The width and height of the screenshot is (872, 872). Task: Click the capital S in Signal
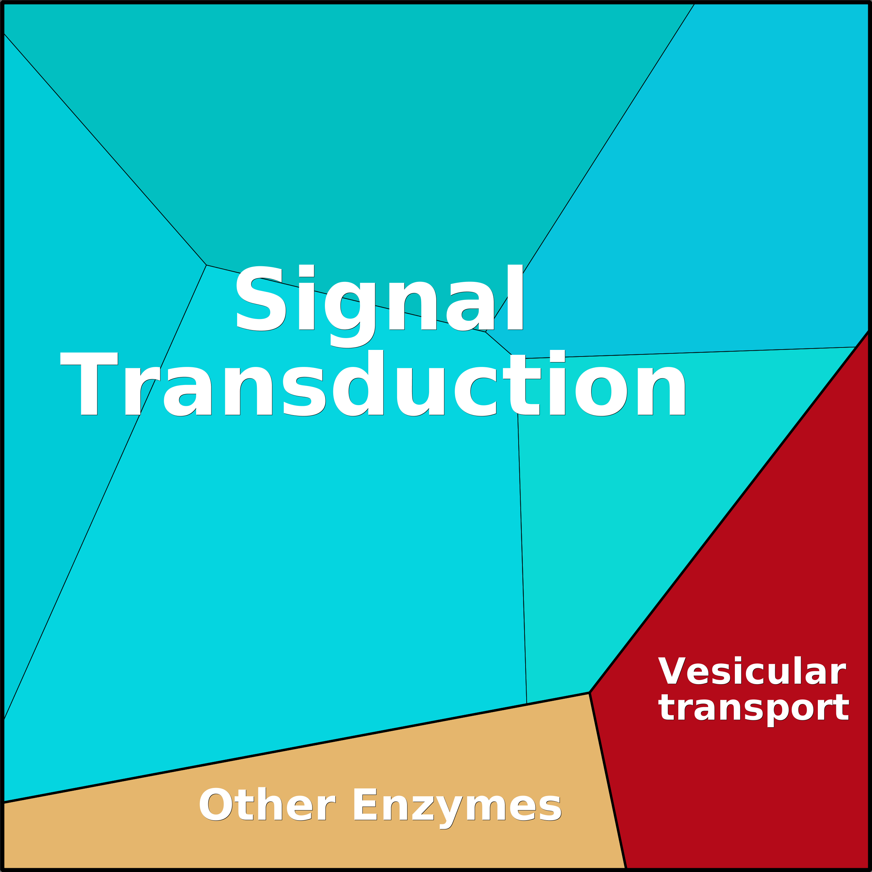[x=260, y=298]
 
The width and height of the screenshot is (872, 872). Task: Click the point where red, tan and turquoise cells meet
[x=589, y=693]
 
